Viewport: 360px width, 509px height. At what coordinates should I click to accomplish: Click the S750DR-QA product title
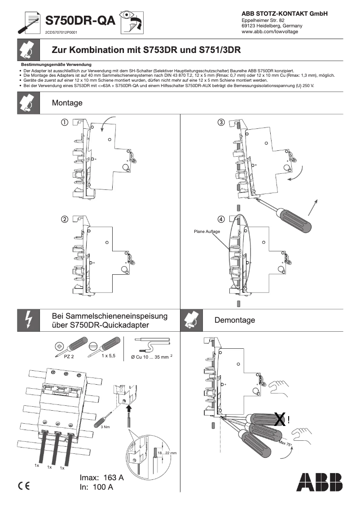click(79, 21)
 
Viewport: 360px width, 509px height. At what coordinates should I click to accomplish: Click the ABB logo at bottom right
click(319, 483)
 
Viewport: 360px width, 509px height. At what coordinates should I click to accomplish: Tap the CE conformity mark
click(23, 486)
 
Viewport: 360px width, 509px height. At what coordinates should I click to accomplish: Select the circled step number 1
click(65, 122)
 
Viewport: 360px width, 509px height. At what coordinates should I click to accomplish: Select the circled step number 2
click(65, 219)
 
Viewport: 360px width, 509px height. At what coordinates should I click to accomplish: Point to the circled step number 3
click(221, 122)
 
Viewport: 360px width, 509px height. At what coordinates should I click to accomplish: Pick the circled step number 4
click(221, 219)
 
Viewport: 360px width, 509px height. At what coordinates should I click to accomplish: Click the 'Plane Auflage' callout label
click(206, 232)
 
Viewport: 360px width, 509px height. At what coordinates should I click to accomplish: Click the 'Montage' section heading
click(67, 103)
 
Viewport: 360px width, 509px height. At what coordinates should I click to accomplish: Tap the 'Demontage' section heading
click(234, 320)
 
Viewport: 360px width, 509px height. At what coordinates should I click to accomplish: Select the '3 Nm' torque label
click(105, 427)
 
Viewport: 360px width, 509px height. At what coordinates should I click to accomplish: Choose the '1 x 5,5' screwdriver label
click(108, 355)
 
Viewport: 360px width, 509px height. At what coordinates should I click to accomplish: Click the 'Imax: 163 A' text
click(101, 478)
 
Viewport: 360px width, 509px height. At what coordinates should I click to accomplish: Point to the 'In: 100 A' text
click(96, 487)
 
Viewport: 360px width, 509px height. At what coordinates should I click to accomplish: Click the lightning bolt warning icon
click(28, 320)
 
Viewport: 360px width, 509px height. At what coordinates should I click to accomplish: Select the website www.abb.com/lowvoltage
click(269, 32)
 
